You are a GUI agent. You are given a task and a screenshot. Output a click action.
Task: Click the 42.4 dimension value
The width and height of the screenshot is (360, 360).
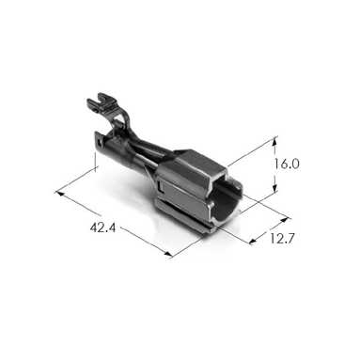point(102,227)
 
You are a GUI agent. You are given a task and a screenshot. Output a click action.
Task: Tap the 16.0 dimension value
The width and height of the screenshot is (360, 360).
point(287,164)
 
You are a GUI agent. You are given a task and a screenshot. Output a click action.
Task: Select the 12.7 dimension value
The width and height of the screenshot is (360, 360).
point(282,239)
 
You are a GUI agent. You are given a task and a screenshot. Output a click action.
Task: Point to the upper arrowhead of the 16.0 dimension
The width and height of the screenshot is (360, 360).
point(274,142)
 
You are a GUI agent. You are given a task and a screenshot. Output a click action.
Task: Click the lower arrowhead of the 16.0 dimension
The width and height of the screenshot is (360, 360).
point(274,188)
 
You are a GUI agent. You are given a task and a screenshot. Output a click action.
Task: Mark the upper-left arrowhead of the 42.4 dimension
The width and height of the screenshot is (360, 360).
point(60,194)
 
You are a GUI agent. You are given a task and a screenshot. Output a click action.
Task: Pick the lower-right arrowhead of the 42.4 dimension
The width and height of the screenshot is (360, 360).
point(168,255)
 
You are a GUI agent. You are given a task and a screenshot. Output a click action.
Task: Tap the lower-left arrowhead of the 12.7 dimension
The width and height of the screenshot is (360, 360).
point(253,241)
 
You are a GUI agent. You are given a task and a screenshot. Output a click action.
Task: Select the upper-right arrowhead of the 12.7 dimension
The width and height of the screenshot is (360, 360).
point(283,220)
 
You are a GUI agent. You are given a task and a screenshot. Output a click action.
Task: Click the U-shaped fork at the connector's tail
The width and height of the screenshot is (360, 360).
point(101,101)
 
